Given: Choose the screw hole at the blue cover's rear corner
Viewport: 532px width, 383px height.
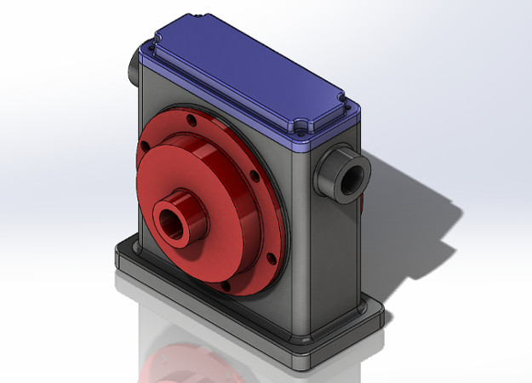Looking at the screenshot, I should (x=197, y=17).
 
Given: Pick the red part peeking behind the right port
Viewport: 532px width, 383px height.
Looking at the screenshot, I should (x=363, y=204).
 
